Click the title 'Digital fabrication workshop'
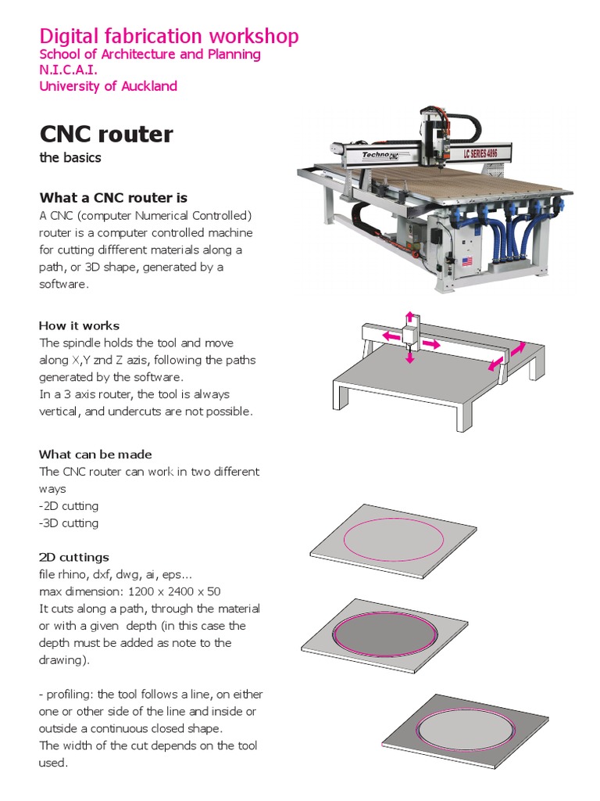pos(169,36)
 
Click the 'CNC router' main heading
pos(106,134)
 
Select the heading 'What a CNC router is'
pos(113,197)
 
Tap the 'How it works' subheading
pos(79,325)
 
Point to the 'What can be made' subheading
pos(95,454)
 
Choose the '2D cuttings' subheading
pos(74,557)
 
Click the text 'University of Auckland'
pos(109,86)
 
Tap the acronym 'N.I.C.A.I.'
pos(69,70)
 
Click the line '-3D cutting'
pos(69,523)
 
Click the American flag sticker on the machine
pos(467,261)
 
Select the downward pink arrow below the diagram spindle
pos(409,357)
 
